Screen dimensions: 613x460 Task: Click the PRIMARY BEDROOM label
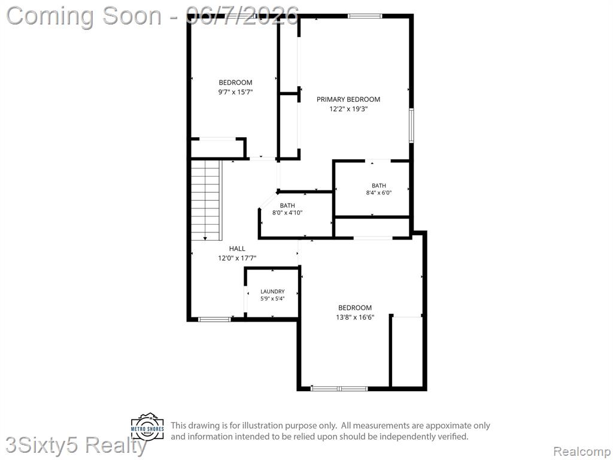(x=348, y=99)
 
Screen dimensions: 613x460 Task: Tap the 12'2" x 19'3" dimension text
(x=349, y=109)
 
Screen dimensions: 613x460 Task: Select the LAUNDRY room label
(x=272, y=292)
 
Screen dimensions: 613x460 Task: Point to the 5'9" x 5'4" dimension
(x=272, y=298)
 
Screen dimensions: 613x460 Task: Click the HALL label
(x=237, y=249)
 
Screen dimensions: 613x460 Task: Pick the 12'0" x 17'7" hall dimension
(x=237, y=258)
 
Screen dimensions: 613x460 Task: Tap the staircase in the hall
(x=206, y=200)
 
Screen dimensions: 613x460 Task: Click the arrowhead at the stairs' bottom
(x=205, y=238)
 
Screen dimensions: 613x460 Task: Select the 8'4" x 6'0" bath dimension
(x=379, y=192)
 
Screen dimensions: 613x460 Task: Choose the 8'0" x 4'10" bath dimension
(x=287, y=213)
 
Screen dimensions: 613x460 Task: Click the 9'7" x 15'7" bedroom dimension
(x=235, y=92)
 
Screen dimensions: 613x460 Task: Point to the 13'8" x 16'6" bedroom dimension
(x=355, y=317)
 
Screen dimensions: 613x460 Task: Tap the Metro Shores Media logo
(x=148, y=425)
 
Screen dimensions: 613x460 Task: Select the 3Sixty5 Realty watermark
(x=76, y=446)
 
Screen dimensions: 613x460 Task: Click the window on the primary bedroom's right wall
(x=411, y=126)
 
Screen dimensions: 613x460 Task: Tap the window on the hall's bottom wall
(x=214, y=319)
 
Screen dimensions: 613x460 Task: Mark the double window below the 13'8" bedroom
(x=339, y=388)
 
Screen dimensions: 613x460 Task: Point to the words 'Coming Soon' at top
(x=84, y=16)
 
